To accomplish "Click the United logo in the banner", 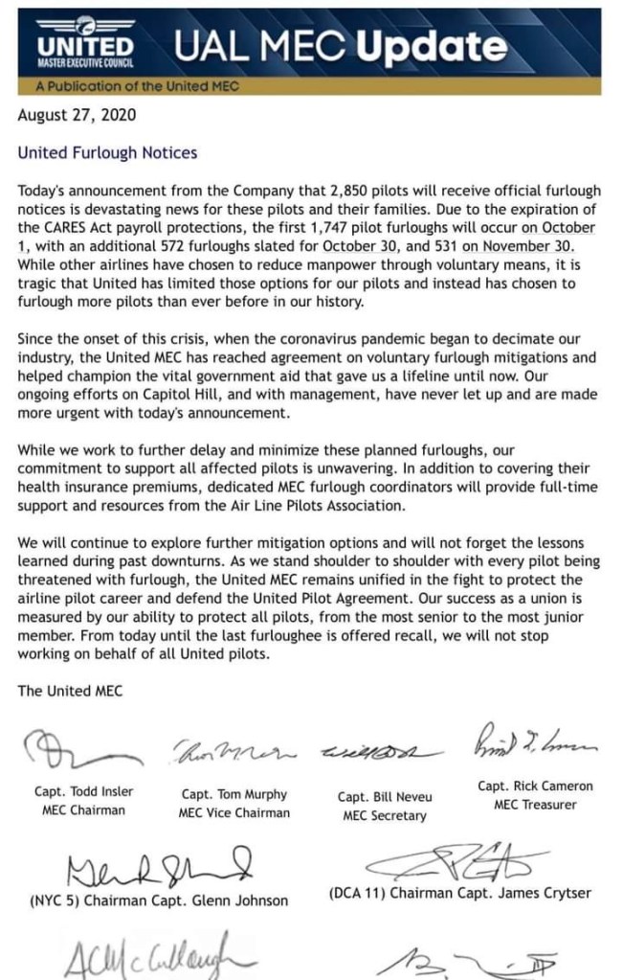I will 85,47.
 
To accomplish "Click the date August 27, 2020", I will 77,116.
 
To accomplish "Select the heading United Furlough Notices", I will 107,152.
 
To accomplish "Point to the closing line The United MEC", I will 70,690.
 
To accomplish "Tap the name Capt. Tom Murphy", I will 234,794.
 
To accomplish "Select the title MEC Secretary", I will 384,816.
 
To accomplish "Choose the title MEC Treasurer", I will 535,805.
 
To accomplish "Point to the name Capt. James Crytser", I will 530,893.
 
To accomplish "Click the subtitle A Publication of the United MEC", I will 136,86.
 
